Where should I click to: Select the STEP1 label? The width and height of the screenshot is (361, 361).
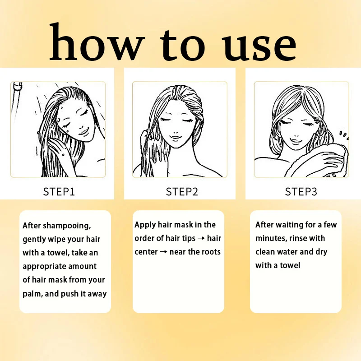[59, 191]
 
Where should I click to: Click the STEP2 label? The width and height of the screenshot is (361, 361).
[182, 191]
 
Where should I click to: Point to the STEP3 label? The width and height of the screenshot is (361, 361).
[301, 191]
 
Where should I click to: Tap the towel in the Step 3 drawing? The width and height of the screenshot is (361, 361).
[322, 161]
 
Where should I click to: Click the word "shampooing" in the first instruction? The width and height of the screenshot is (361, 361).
[67, 226]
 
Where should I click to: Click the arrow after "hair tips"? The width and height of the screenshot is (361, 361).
[201, 238]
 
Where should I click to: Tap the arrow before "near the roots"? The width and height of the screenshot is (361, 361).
[163, 252]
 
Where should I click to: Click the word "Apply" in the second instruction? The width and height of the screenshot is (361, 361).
[145, 225]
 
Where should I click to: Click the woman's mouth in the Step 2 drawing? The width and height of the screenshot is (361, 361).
[176, 138]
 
